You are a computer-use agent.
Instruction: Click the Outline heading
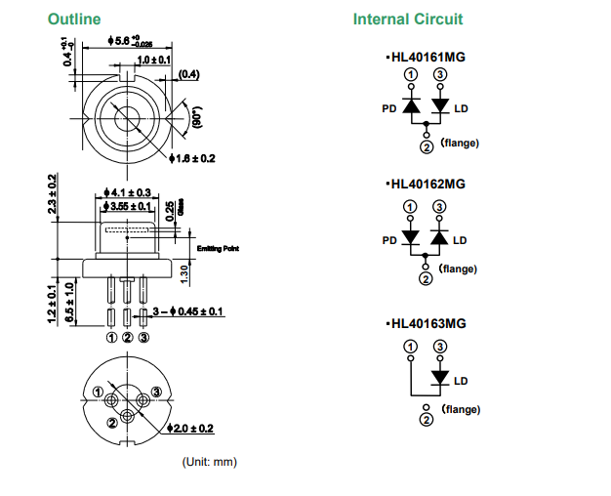coord(74,20)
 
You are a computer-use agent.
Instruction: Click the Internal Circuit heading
coord(408,20)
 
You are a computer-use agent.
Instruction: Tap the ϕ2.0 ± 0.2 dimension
coord(193,429)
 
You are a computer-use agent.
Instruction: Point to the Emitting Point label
coord(218,248)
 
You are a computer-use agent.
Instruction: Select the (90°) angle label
coord(196,120)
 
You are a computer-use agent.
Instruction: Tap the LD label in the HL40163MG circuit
coord(461,380)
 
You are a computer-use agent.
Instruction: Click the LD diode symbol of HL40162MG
coord(439,237)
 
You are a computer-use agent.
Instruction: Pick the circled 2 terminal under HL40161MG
coord(427,147)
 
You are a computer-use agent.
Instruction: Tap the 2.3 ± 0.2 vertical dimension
coord(53,196)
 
